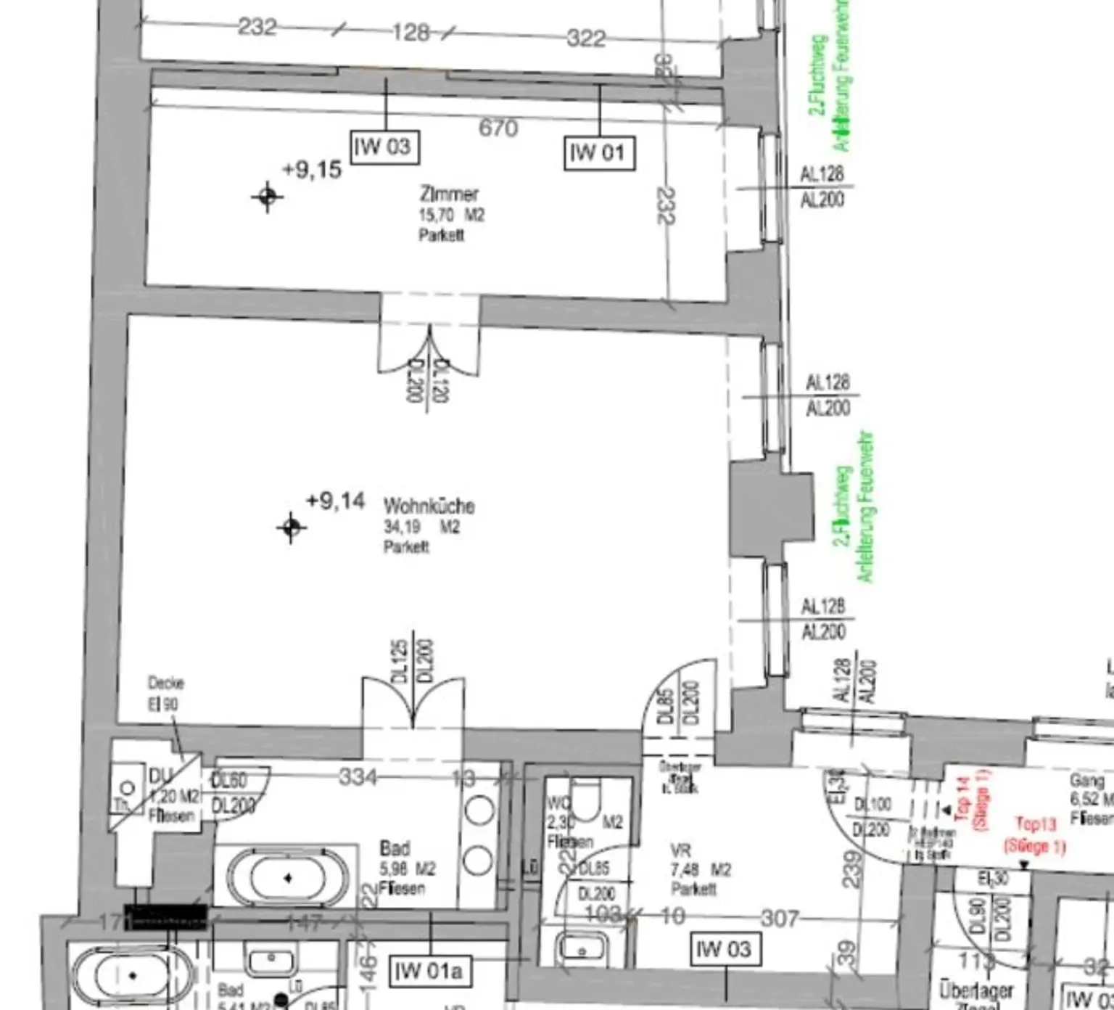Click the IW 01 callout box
(x=599, y=153)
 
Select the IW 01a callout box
(x=428, y=971)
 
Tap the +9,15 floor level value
(x=311, y=170)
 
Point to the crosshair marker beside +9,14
(x=291, y=527)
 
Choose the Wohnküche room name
(x=429, y=506)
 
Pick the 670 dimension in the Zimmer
(x=498, y=128)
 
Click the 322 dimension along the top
(x=586, y=37)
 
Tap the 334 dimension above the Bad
(x=358, y=777)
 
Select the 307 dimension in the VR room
(x=780, y=919)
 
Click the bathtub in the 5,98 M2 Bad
(x=289, y=878)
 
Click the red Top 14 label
(x=962, y=799)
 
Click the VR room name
(x=680, y=850)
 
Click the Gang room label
(x=1087, y=781)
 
